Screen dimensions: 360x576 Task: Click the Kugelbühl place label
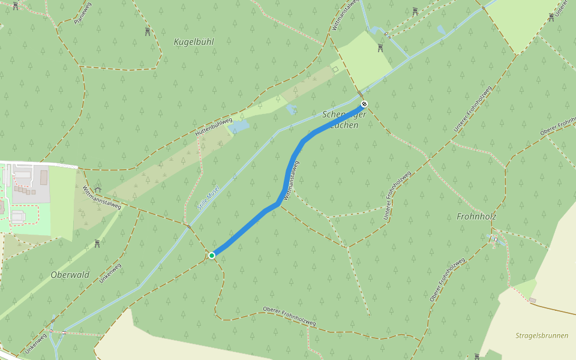click(193, 42)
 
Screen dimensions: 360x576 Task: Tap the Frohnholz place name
click(476, 216)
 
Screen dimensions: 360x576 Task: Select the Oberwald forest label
click(70, 275)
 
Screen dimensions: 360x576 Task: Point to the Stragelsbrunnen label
click(542, 335)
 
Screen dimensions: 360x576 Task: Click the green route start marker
click(212, 256)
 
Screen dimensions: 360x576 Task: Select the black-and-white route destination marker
click(364, 104)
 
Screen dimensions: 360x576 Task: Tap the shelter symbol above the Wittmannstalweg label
click(98, 190)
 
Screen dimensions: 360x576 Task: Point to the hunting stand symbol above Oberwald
click(97, 244)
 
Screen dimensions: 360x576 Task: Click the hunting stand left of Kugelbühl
click(147, 32)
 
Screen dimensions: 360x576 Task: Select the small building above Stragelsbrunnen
click(532, 300)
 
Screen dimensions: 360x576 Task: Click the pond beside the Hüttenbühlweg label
click(239, 127)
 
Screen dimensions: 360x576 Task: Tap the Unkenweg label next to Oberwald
click(111, 273)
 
